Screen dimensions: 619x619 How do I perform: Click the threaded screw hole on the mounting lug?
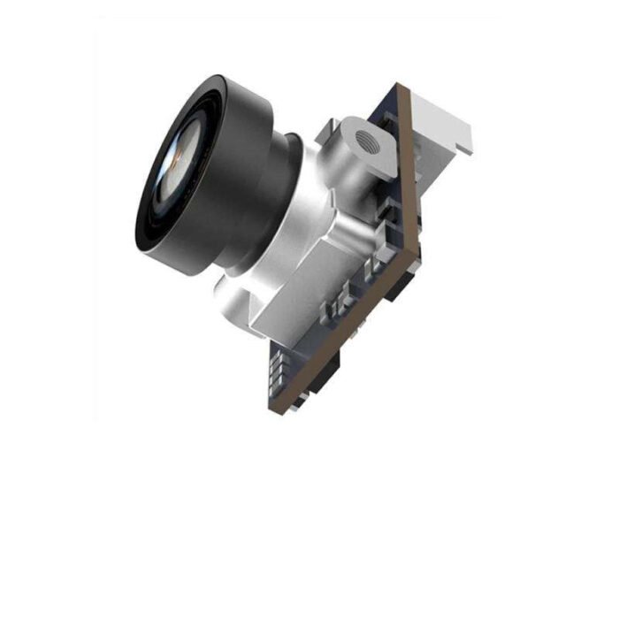pyautogui.click(x=363, y=138)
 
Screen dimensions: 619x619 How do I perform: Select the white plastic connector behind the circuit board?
pyautogui.click(x=446, y=127)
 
